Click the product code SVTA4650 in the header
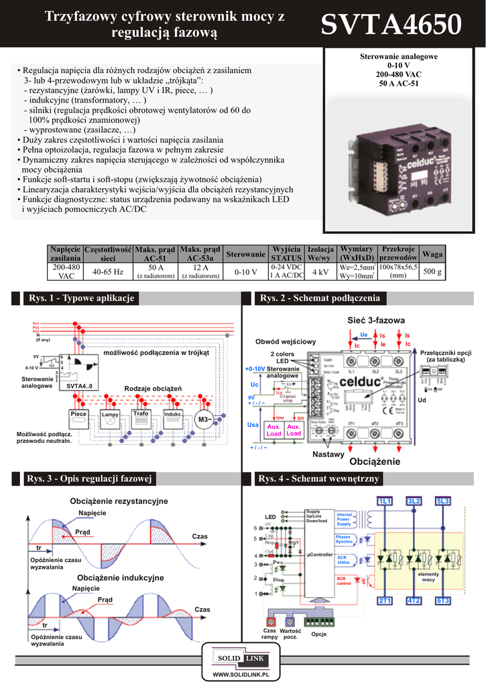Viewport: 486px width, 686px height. point(391,25)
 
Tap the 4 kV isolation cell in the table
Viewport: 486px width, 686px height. point(320,271)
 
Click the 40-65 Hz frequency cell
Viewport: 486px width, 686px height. point(108,271)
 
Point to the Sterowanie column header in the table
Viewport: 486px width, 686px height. point(245,254)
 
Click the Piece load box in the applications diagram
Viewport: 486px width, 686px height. point(79,414)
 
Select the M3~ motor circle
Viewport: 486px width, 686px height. point(203,419)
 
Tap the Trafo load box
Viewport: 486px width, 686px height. point(141,414)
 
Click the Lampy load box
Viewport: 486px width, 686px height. point(109,415)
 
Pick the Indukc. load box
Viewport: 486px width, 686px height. point(173,414)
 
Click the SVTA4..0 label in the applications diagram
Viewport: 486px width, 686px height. point(79,386)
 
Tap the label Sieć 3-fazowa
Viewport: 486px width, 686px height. point(375,321)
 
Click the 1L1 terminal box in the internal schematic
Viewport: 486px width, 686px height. point(385,501)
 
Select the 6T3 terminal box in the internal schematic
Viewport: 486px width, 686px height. point(443,600)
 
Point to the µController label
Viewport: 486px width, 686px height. point(318,555)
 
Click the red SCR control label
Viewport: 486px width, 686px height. point(343,581)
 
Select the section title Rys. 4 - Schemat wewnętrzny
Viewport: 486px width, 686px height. point(320,478)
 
